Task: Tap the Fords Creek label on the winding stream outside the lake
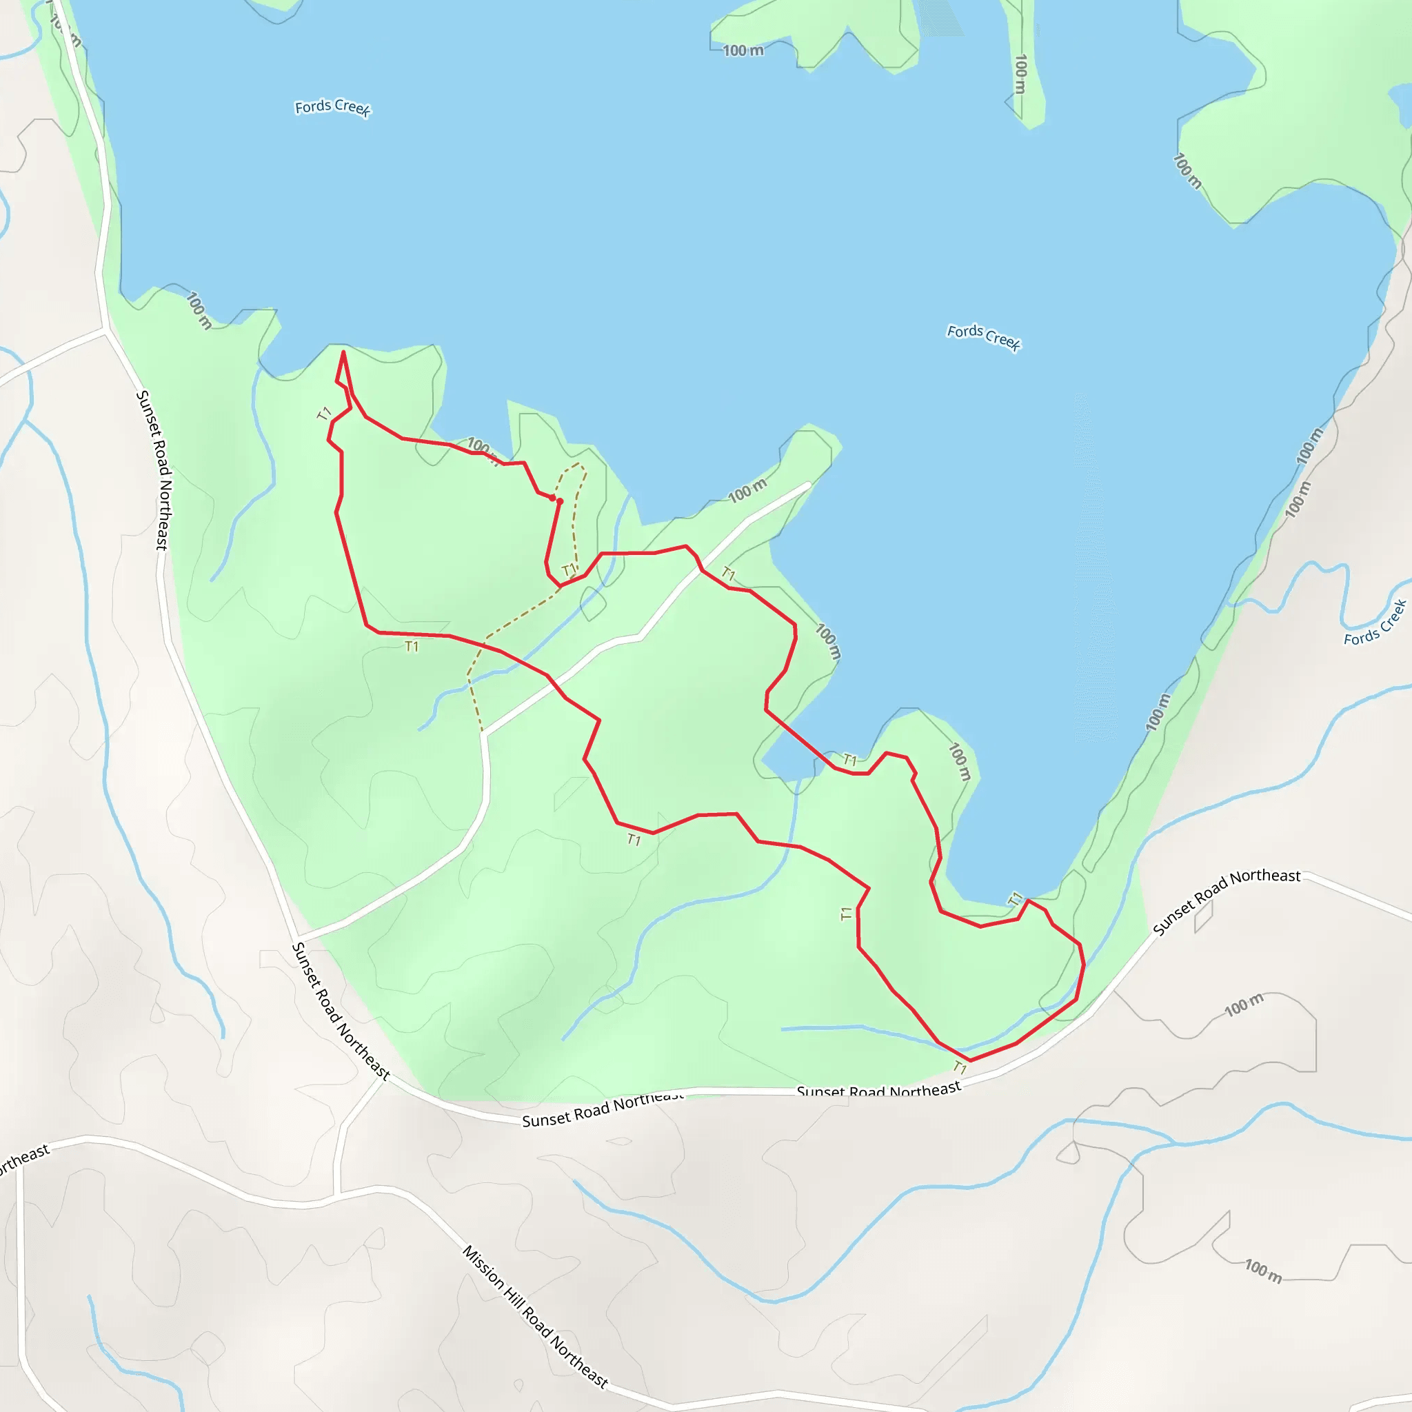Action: point(1375,623)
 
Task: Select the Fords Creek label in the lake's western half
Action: point(332,108)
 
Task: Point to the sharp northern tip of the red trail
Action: point(343,353)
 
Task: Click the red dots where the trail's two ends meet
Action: point(556,500)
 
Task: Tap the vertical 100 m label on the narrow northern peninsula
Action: point(1021,74)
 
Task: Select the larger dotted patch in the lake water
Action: point(940,16)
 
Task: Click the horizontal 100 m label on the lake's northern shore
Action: point(743,50)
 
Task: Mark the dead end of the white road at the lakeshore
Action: point(808,484)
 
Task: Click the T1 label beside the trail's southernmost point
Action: point(960,1069)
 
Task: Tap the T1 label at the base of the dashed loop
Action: point(569,569)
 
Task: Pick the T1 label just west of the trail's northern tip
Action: point(325,414)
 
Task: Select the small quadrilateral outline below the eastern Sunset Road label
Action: point(1204,917)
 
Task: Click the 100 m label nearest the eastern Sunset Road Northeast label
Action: point(1244,1006)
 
